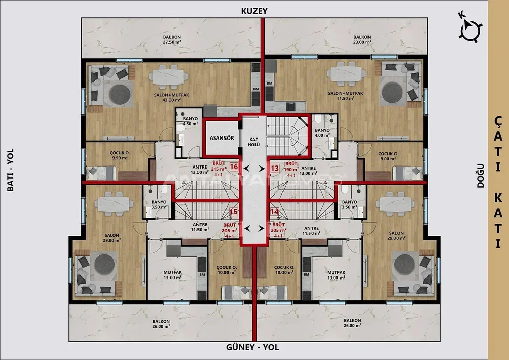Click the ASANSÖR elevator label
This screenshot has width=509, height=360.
pos(222,138)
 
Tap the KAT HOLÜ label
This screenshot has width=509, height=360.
pos(253,142)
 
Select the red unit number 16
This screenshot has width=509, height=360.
pos(234,167)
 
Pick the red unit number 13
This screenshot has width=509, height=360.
pos(275,168)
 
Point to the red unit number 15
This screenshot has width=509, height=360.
pos(234,212)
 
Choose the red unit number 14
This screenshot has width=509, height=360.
pos(275,212)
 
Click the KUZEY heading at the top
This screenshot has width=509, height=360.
pos(254,11)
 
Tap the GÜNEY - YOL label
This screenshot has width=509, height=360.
pos(252,347)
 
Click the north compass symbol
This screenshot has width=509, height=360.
pos(470,30)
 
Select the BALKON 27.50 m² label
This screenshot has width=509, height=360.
pos(172,40)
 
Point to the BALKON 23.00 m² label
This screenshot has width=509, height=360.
pos(362,40)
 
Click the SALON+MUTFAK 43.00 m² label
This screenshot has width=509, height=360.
pos(172,97)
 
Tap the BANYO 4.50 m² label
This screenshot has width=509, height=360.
pos(190,121)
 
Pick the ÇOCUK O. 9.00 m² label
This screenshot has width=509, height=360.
pos(388,156)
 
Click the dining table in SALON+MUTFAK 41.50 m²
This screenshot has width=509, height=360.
pos(346,74)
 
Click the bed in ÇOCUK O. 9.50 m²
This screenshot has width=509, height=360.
pos(101,173)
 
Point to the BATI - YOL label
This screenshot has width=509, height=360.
pos(10,170)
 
